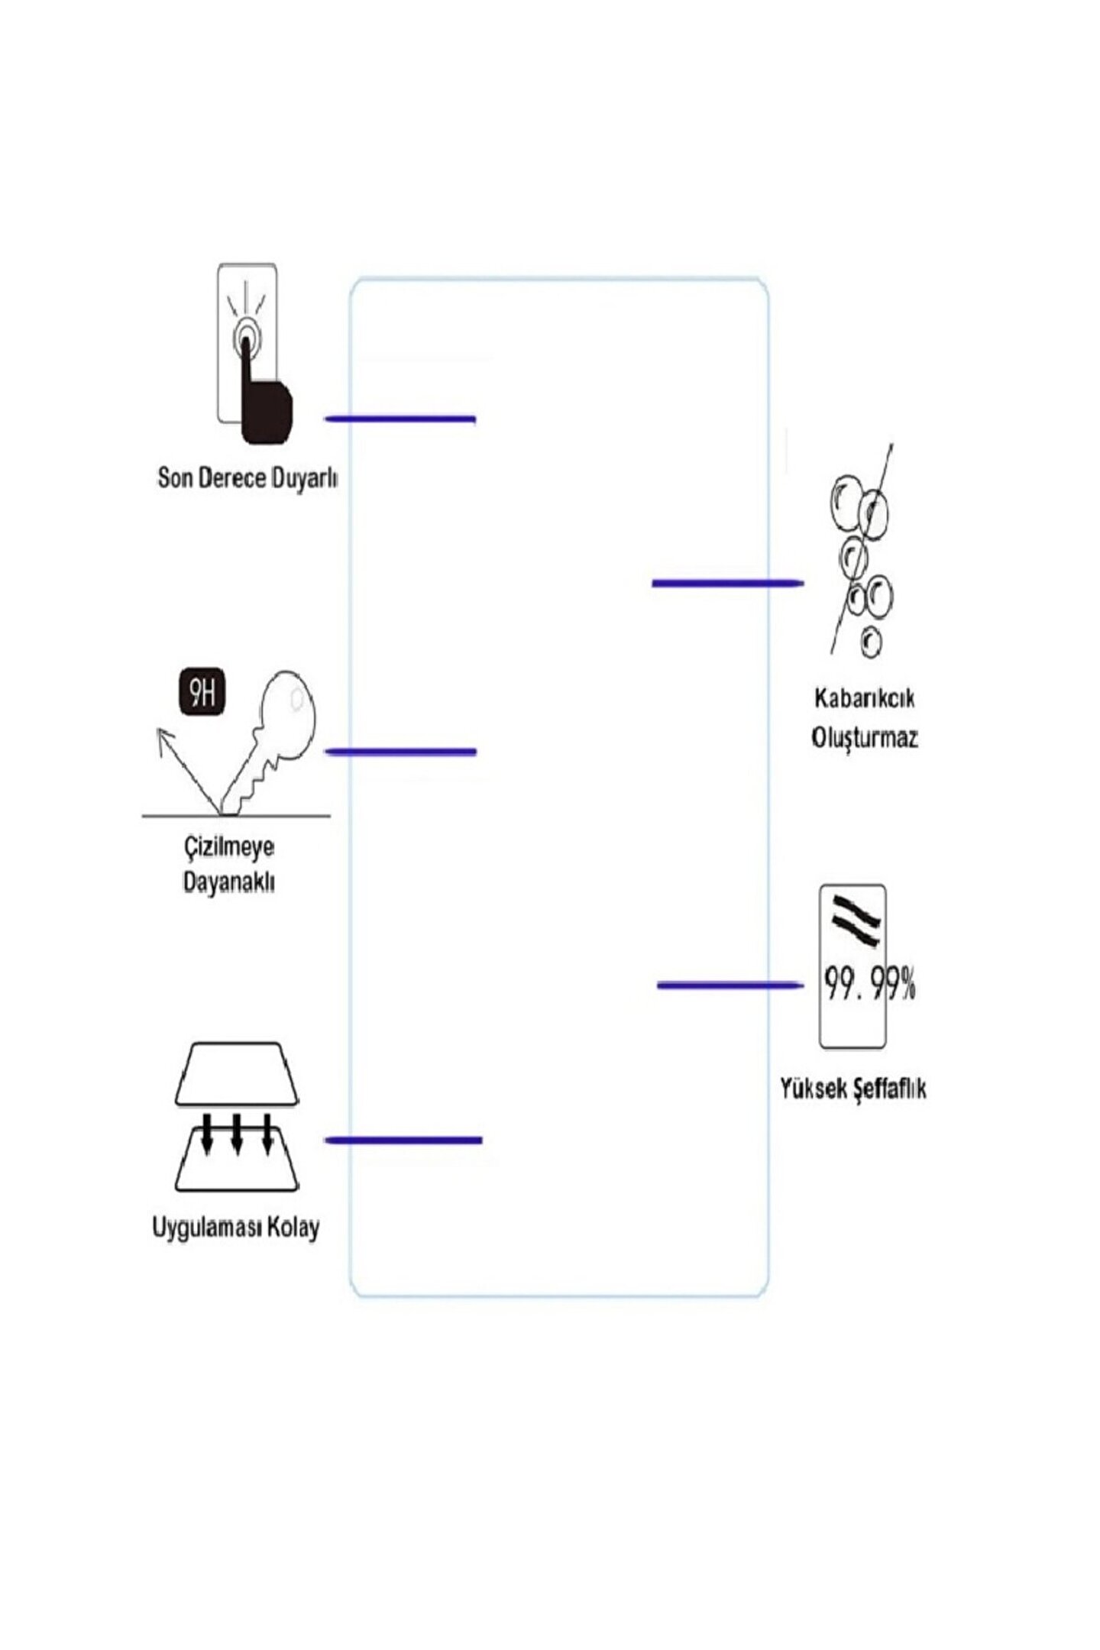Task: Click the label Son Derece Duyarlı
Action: point(247,478)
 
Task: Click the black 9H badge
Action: point(202,693)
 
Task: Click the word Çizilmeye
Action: point(228,847)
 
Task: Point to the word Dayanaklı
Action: point(228,882)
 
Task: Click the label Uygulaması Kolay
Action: point(236,1228)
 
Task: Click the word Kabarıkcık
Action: point(864,698)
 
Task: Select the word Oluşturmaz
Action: point(864,738)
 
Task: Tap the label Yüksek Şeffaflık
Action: point(852,1089)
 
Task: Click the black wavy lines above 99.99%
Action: point(856,920)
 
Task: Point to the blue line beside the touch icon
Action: point(400,419)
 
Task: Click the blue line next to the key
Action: point(400,752)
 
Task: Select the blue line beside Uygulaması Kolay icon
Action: point(403,1140)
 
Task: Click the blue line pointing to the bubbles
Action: point(726,584)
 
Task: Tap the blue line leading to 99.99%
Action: point(730,985)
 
